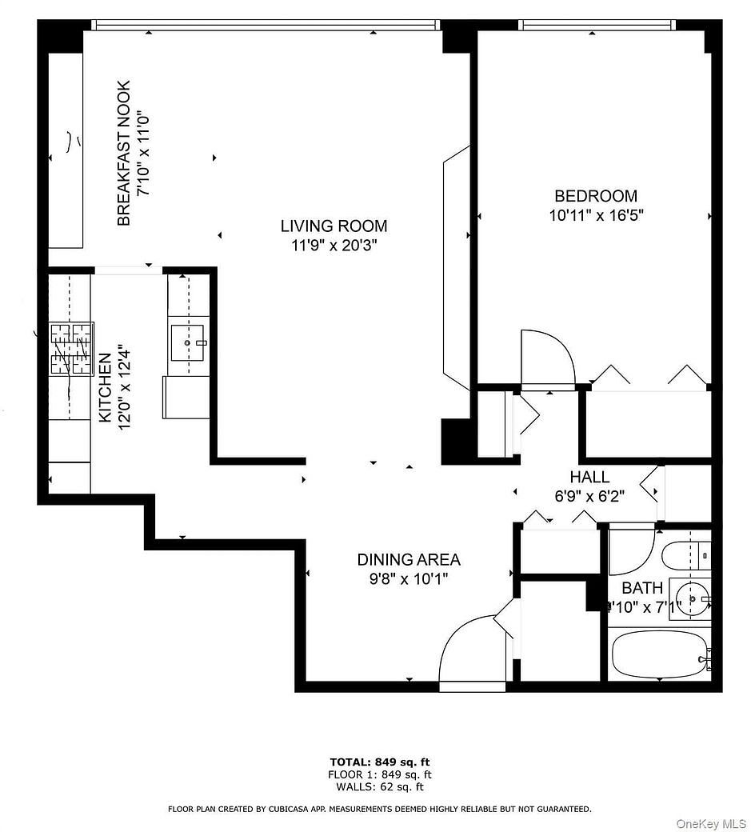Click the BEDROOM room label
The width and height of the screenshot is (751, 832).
pyautogui.click(x=596, y=196)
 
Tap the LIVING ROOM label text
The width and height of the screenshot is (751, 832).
pyautogui.click(x=334, y=226)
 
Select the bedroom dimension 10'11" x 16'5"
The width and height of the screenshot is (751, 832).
pyautogui.click(x=596, y=215)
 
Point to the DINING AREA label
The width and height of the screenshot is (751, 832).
pyautogui.click(x=409, y=560)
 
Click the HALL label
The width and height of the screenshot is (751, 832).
pyautogui.click(x=590, y=478)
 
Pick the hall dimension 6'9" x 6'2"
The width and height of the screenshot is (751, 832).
pyautogui.click(x=590, y=496)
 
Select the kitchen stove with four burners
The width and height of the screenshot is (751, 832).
pyautogui.click(x=72, y=349)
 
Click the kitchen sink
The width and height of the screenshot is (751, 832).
pyautogui.click(x=189, y=342)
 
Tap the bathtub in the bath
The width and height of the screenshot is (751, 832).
pyautogui.click(x=660, y=654)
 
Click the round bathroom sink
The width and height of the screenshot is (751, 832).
pyautogui.click(x=688, y=598)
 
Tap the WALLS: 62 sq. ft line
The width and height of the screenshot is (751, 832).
pyautogui.click(x=380, y=786)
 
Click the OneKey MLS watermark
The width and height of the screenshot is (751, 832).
pyautogui.click(x=710, y=823)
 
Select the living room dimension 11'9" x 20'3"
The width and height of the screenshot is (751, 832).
pyautogui.click(x=334, y=246)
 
